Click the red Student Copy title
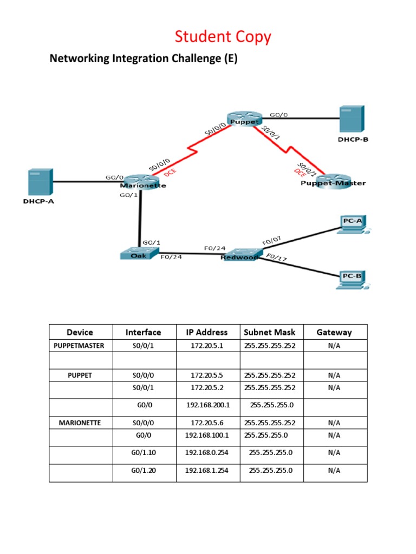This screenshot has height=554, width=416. (x=223, y=37)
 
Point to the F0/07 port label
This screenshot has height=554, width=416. (x=272, y=240)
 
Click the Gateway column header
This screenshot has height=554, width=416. (x=334, y=332)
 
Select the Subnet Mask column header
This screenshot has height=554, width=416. (x=270, y=332)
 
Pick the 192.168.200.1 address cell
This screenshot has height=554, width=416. (x=207, y=404)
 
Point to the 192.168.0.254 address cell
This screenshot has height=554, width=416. (x=207, y=452)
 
